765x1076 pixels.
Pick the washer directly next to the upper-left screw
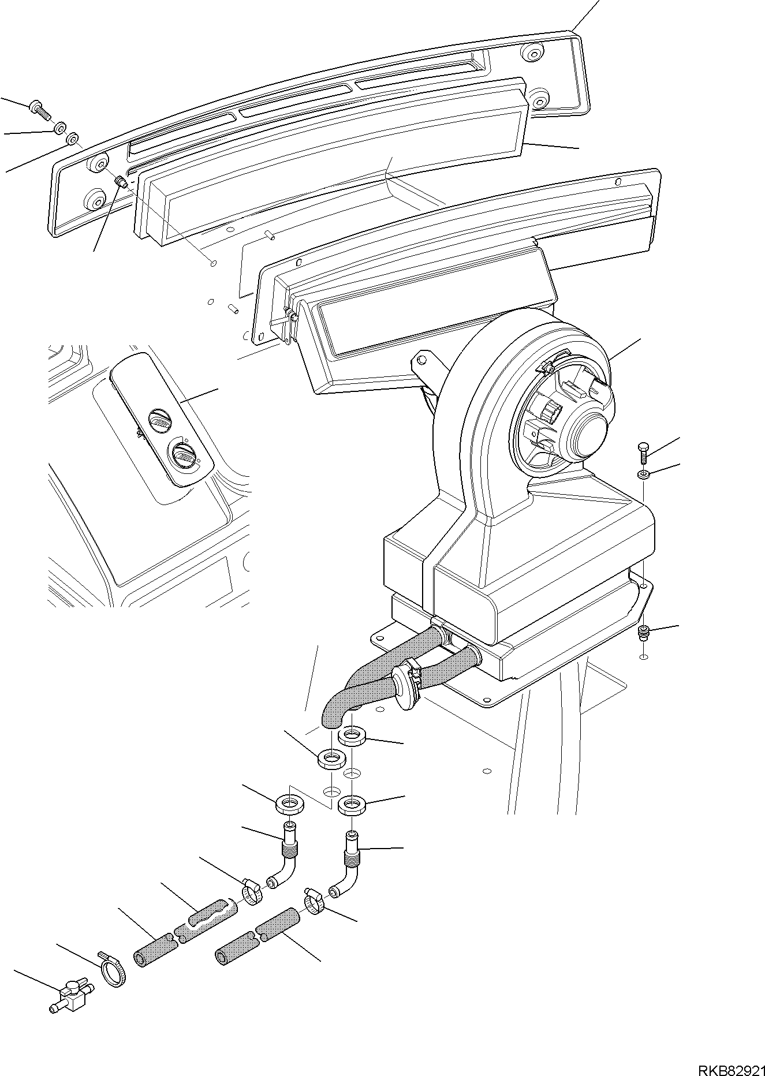point(60,128)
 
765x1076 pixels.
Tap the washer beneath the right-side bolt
point(644,475)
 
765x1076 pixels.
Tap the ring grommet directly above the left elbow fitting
point(289,803)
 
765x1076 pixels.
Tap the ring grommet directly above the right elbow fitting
point(352,804)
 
